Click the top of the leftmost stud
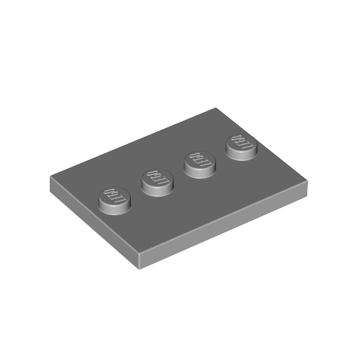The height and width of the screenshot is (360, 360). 115,197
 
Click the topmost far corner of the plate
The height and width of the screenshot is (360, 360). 215,107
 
